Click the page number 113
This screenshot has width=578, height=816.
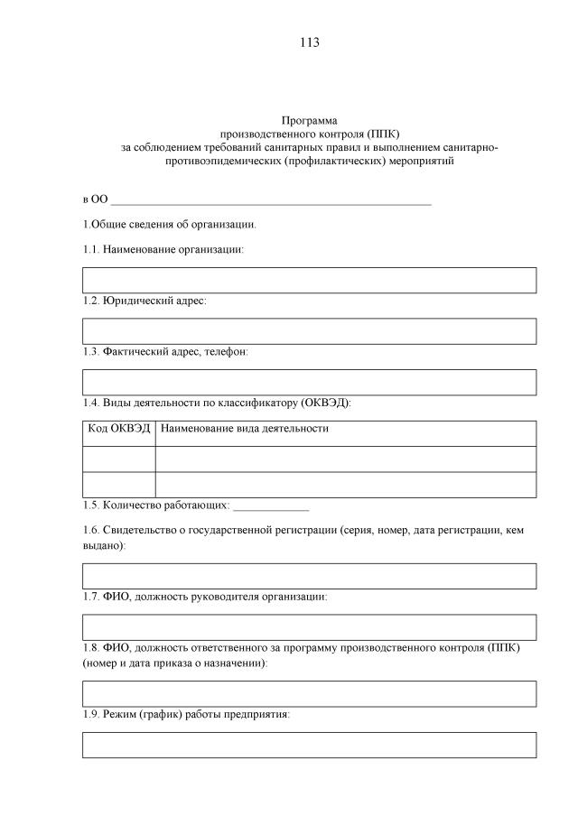point(309,42)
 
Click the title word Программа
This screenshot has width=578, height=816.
point(309,120)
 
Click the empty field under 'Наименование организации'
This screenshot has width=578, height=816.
point(309,280)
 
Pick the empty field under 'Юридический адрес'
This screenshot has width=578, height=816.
point(309,331)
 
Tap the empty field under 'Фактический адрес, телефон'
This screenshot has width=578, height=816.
point(309,382)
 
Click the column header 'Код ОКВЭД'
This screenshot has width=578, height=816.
point(118,429)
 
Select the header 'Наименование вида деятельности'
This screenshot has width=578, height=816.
point(244,429)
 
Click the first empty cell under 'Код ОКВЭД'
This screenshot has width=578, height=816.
point(118,459)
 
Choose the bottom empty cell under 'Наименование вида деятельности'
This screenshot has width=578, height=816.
point(346,485)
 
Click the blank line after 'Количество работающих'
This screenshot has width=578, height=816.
point(271,506)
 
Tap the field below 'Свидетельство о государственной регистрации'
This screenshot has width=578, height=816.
point(309,576)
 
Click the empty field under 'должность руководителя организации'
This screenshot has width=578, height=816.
point(309,627)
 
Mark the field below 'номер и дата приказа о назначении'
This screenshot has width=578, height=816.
point(309,693)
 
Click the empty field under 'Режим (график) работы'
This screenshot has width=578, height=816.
point(309,745)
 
